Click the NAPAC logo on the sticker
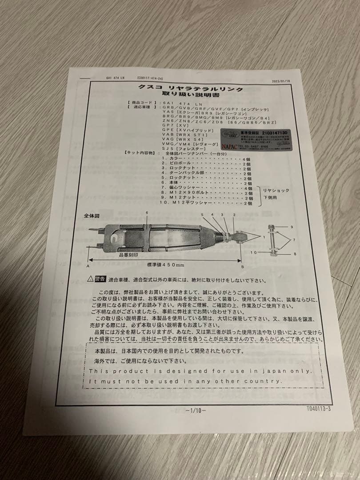(230, 144)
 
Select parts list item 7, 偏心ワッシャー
(183, 188)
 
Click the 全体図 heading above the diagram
(91, 215)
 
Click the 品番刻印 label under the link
(127, 256)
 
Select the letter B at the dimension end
(242, 267)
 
